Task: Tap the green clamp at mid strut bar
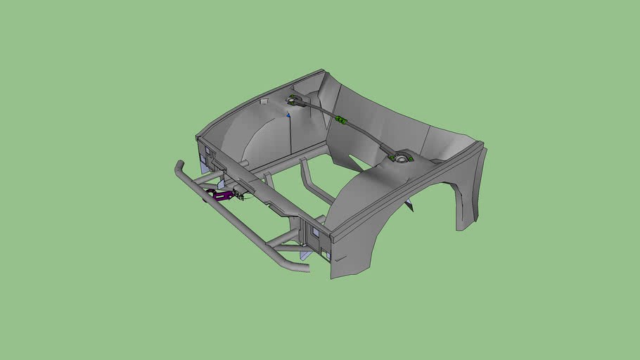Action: pyautogui.click(x=342, y=120)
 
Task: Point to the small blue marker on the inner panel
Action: pyautogui.click(x=288, y=114)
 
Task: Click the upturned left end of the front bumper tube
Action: pyautogui.click(x=179, y=168)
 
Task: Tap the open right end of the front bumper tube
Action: pyautogui.click(x=305, y=268)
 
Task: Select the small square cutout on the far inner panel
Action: pyautogui.click(x=264, y=102)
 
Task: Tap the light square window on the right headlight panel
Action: pyautogui.click(x=316, y=233)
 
